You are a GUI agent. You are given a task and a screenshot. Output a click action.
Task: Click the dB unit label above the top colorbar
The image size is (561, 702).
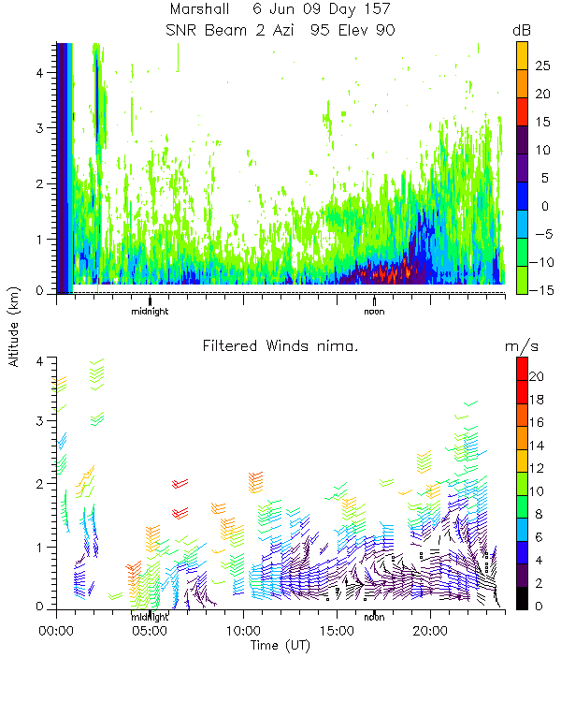(x=523, y=30)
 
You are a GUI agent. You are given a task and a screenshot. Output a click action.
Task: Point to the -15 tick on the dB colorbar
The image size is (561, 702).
(x=544, y=290)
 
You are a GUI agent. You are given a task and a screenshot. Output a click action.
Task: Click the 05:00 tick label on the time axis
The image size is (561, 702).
(x=150, y=632)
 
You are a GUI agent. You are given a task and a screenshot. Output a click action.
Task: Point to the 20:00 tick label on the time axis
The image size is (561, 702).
(x=430, y=632)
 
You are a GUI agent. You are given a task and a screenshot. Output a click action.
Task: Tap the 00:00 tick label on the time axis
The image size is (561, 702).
(x=57, y=632)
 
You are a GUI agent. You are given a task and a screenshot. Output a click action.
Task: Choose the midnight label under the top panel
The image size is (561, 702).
(x=150, y=311)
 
